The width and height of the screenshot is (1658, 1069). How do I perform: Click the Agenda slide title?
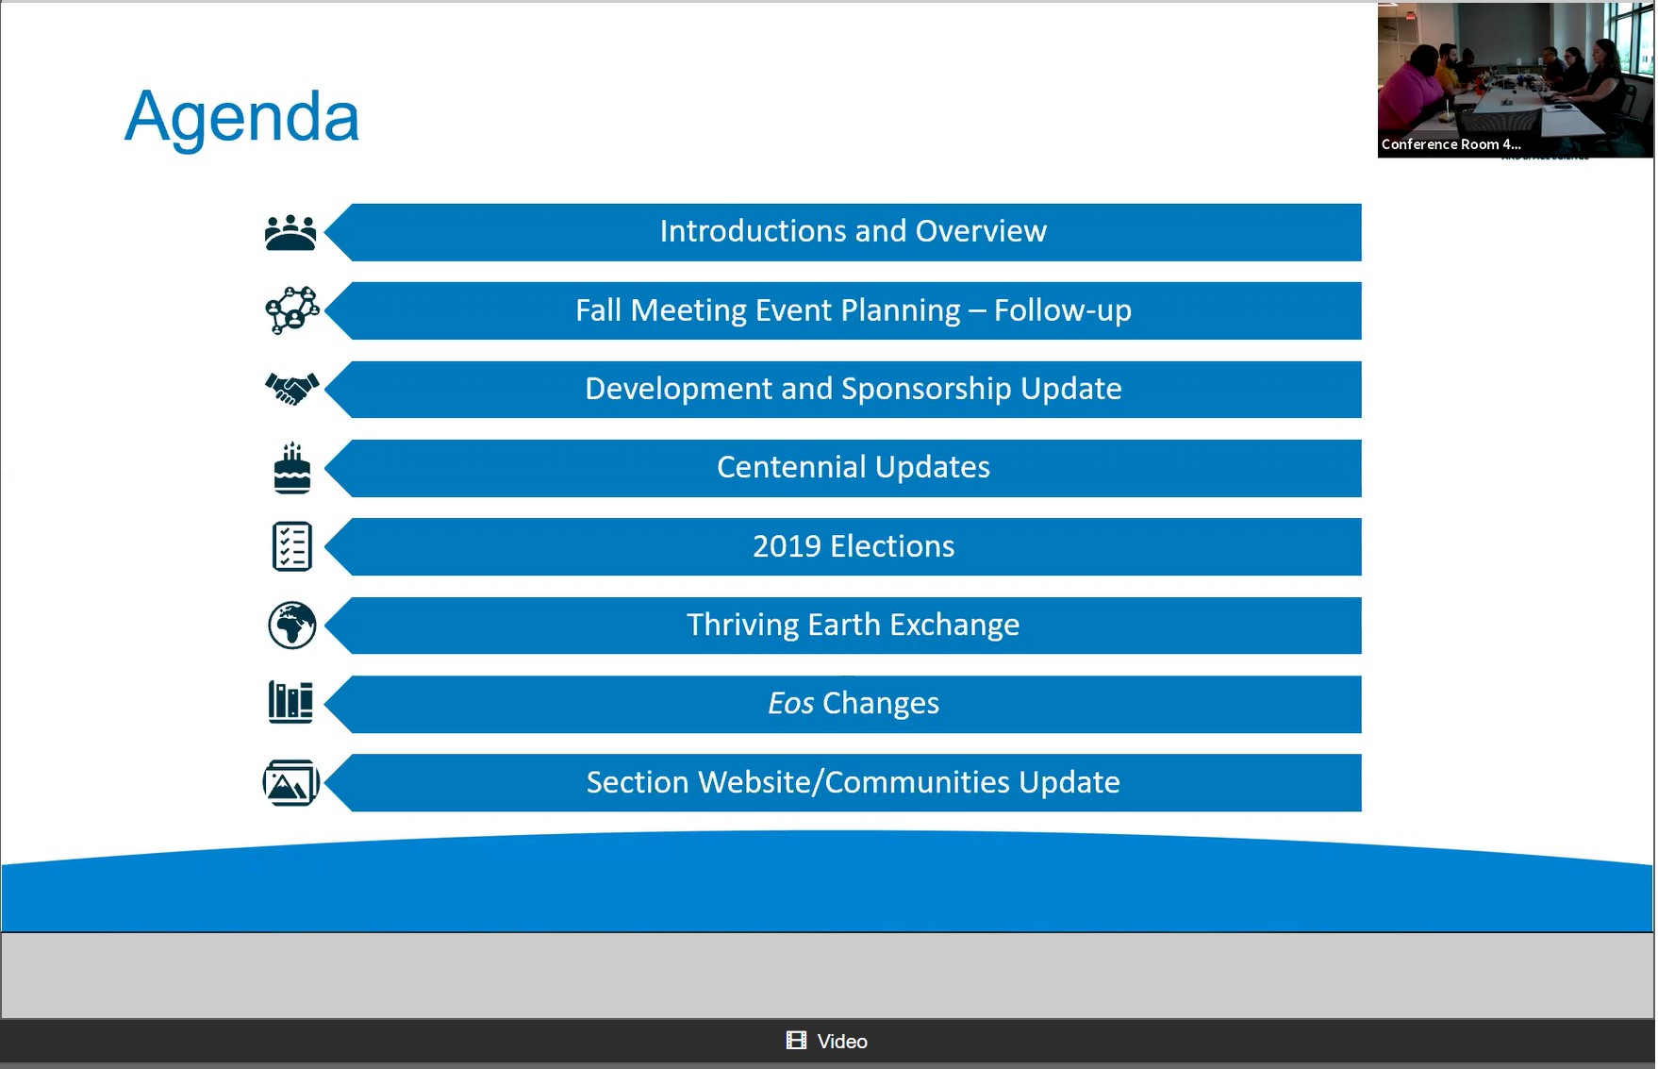point(241,118)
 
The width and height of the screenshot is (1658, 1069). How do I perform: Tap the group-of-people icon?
point(290,232)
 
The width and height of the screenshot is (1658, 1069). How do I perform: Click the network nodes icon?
point(292,310)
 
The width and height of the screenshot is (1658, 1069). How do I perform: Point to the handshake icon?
point(292,389)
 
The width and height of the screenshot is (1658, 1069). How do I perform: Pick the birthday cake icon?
point(292,468)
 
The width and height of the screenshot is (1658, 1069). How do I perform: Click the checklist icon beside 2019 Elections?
point(292,546)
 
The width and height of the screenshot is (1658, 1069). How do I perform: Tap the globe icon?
point(292,625)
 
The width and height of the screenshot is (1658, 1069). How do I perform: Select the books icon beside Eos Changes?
point(290,703)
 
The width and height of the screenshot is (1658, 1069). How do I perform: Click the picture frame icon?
point(291,782)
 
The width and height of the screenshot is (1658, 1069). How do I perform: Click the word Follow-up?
point(1063,310)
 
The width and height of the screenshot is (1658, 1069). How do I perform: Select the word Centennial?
point(791,467)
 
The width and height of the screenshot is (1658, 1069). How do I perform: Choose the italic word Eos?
point(790,703)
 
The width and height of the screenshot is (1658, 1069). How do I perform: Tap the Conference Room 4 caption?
point(1451,144)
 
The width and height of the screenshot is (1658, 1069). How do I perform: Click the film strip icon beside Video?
point(797,1040)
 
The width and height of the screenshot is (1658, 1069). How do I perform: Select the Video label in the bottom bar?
point(842,1042)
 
